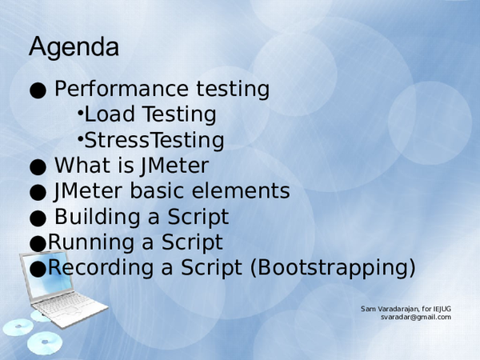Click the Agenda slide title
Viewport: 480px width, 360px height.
point(74,46)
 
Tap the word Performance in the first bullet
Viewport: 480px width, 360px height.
point(122,89)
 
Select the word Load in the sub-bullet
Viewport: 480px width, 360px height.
point(110,114)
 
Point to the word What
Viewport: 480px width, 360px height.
point(83,166)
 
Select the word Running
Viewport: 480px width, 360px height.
point(90,242)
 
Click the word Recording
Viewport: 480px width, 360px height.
point(101,267)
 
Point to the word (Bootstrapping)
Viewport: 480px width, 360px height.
point(333,268)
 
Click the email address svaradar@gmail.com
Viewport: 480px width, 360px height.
point(416,317)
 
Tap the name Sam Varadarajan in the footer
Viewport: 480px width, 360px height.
point(390,309)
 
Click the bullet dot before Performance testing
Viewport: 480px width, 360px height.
point(38,90)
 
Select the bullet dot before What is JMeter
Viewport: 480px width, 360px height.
point(38,167)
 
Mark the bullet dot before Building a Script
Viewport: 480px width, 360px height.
point(38,218)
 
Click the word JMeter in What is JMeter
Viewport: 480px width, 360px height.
point(174,166)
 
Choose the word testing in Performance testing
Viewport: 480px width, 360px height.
point(233,90)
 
